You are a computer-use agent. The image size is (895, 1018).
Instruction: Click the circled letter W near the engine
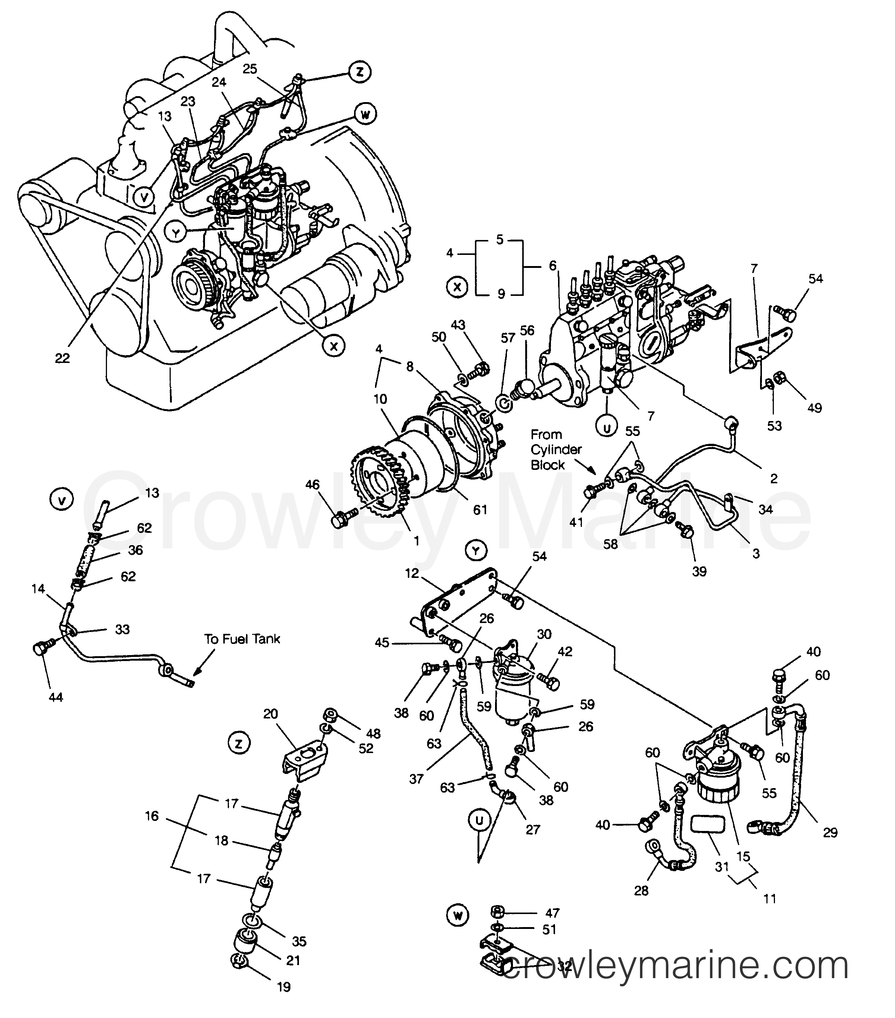pos(365,114)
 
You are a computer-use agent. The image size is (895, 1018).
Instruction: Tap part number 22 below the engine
pos(62,358)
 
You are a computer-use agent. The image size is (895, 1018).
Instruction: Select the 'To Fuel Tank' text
pos(242,639)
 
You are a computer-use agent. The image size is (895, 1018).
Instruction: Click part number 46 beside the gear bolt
pos(312,485)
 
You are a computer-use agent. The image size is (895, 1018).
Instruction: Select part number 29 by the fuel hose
pos(830,832)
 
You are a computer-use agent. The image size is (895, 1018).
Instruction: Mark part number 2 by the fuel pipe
pos(773,478)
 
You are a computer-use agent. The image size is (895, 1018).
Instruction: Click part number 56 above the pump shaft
pos(527,331)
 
